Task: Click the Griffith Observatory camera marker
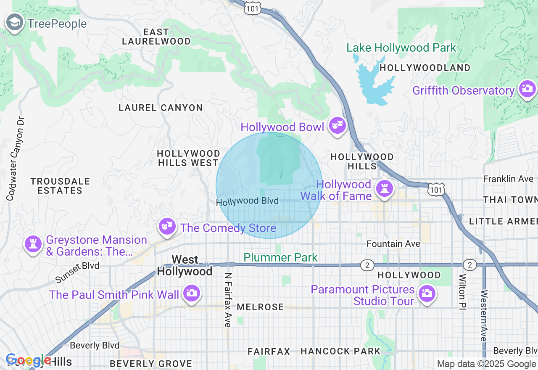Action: pyautogui.click(x=527, y=89)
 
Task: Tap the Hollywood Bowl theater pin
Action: pyautogui.click(x=337, y=125)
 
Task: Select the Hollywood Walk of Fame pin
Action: pyautogui.click(x=384, y=188)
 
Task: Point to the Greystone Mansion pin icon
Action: pyautogui.click(x=33, y=244)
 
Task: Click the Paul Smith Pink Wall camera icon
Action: pyautogui.click(x=191, y=293)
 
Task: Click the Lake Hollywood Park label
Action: pyautogui.click(x=401, y=48)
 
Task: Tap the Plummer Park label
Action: pyautogui.click(x=280, y=257)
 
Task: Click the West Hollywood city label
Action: pyautogui.click(x=185, y=266)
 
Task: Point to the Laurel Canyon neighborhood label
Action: pyautogui.click(x=161, y=108)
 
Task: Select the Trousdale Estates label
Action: pyautogui.click(x=60, y=186)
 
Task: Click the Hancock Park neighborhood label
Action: pyautogui.click(x=340, y=351)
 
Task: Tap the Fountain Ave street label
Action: pyautogui.click(x=393, y=244)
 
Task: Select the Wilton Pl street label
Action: pyautogui.click(x=462, y=292)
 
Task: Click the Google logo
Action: pyautogui.click(x=28, y=360)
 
